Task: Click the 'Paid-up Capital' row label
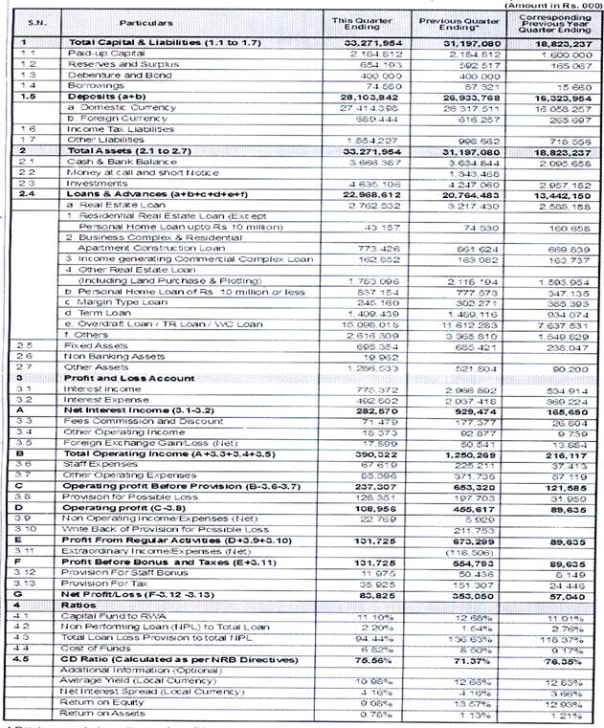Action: click(x=101, y=55)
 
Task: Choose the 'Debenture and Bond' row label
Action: click(x=106, y=75)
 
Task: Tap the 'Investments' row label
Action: click(x=93, y=183)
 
